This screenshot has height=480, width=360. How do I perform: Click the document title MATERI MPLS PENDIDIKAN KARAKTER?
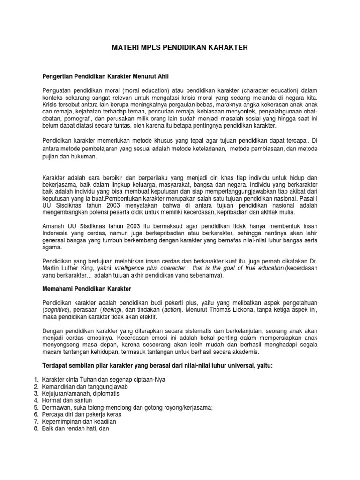(x=180, y=47)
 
